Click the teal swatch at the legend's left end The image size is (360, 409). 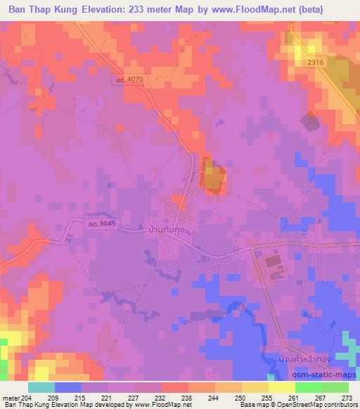(x=41, y=387)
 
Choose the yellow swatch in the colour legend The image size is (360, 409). (x=281, y=387)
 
